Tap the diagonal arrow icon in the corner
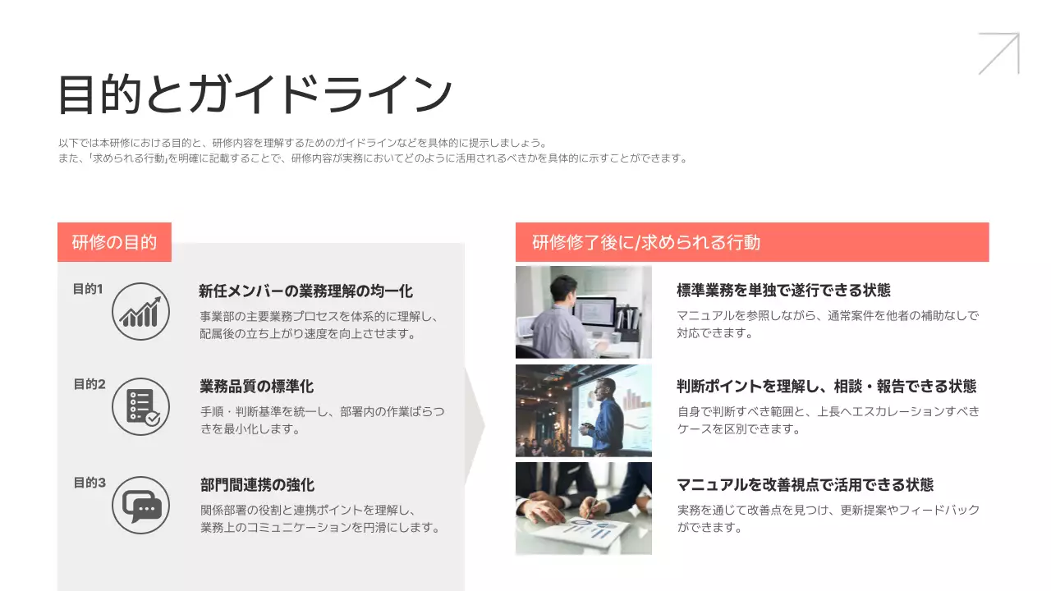[x=998, y=54]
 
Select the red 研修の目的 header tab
[x=114, y=242]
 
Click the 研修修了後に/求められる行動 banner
[x=751, y=242]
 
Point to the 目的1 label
[x=88, y=289]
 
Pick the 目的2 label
[x=89, y=384]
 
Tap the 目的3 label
[x=89, y=483]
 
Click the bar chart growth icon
[x=140, y=311]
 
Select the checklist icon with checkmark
[x=140, y=406]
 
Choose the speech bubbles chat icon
[x=140, y=505]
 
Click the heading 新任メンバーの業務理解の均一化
[x=305, y=291]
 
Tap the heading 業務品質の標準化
[x=256, y=387]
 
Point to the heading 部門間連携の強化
[x=257, y=485]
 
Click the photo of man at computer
[x=583, y=312]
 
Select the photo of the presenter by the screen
[x=583, y=410]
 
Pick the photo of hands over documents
[x=583, y=508]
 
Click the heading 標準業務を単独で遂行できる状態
[x=783, y=291]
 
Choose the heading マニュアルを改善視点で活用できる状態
[x=805, y=485]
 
